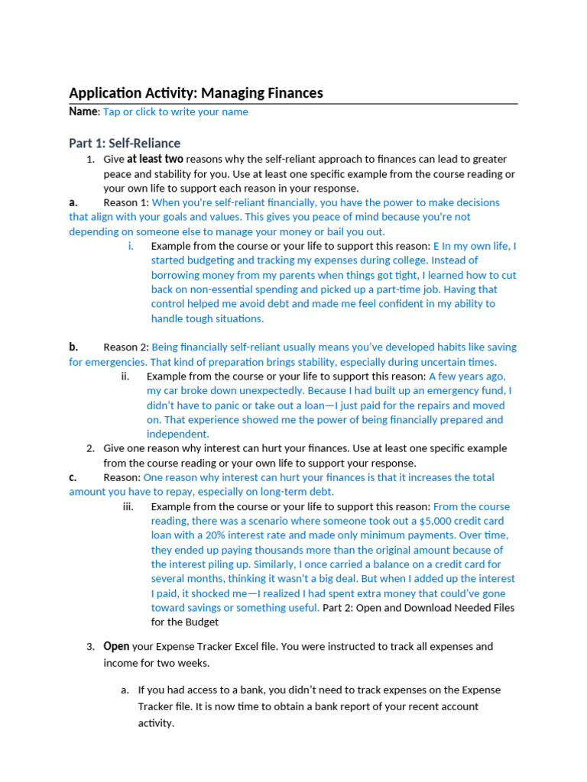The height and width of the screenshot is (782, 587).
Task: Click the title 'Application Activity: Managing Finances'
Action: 196,93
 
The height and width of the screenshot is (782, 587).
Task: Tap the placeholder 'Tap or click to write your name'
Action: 175,111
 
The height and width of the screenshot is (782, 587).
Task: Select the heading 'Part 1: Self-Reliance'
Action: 125,143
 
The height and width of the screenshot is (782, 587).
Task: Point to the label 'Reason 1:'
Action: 126,202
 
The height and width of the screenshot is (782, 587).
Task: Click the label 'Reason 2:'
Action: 126,347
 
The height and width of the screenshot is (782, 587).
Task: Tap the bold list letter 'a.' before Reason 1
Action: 73,202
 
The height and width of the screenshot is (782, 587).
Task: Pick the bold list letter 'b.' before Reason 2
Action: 73,347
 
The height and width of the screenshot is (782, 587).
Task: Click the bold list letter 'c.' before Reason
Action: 73,477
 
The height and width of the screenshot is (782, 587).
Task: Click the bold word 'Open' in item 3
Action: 116,646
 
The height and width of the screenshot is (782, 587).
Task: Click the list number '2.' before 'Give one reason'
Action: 90,448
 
